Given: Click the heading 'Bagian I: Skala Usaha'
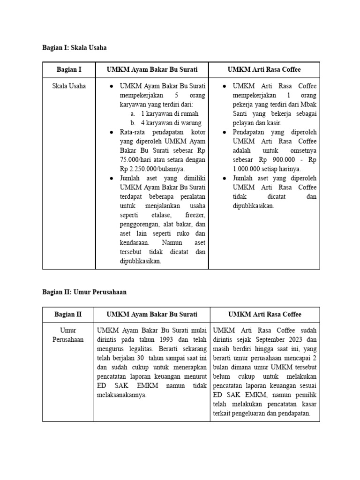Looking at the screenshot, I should tap(75, 47).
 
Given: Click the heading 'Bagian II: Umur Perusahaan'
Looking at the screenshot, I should tap(84, 292).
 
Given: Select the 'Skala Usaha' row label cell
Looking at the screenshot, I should tap(69, 86).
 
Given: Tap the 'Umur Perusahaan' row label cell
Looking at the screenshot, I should tap(68, 335).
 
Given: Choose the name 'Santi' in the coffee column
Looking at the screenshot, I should tap(242, 114).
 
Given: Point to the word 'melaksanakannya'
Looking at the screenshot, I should tap(121, 395).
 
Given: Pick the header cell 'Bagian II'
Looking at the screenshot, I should tap(68, 315).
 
